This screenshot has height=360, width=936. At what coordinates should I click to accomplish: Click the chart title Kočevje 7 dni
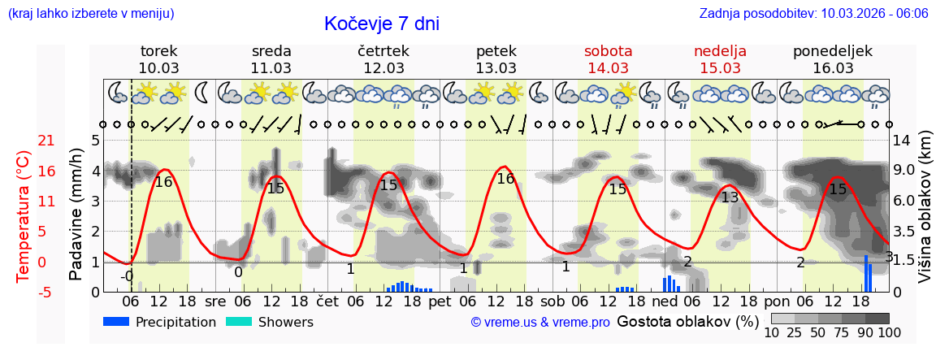381,24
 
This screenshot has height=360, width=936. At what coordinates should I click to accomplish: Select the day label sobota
608,51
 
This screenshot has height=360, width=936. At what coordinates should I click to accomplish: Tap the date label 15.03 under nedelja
720,68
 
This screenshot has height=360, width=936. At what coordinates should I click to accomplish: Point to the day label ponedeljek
833,51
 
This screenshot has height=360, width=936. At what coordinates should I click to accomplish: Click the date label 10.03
158,68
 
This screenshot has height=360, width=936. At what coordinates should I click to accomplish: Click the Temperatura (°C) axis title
24,216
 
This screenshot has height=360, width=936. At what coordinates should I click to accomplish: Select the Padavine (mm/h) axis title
76,215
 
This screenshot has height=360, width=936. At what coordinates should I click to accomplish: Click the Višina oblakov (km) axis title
925,215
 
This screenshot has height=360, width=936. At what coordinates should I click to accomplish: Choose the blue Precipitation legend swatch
117,322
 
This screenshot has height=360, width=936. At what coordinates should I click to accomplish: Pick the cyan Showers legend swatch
239,322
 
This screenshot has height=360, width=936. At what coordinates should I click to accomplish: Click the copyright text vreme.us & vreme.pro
540,322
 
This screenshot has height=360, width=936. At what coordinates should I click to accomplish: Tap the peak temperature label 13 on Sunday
730,197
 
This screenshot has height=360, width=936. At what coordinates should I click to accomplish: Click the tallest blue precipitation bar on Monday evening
866,274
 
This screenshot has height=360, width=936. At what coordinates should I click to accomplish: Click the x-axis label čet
327,300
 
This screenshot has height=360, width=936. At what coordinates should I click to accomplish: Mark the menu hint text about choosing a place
90,14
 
